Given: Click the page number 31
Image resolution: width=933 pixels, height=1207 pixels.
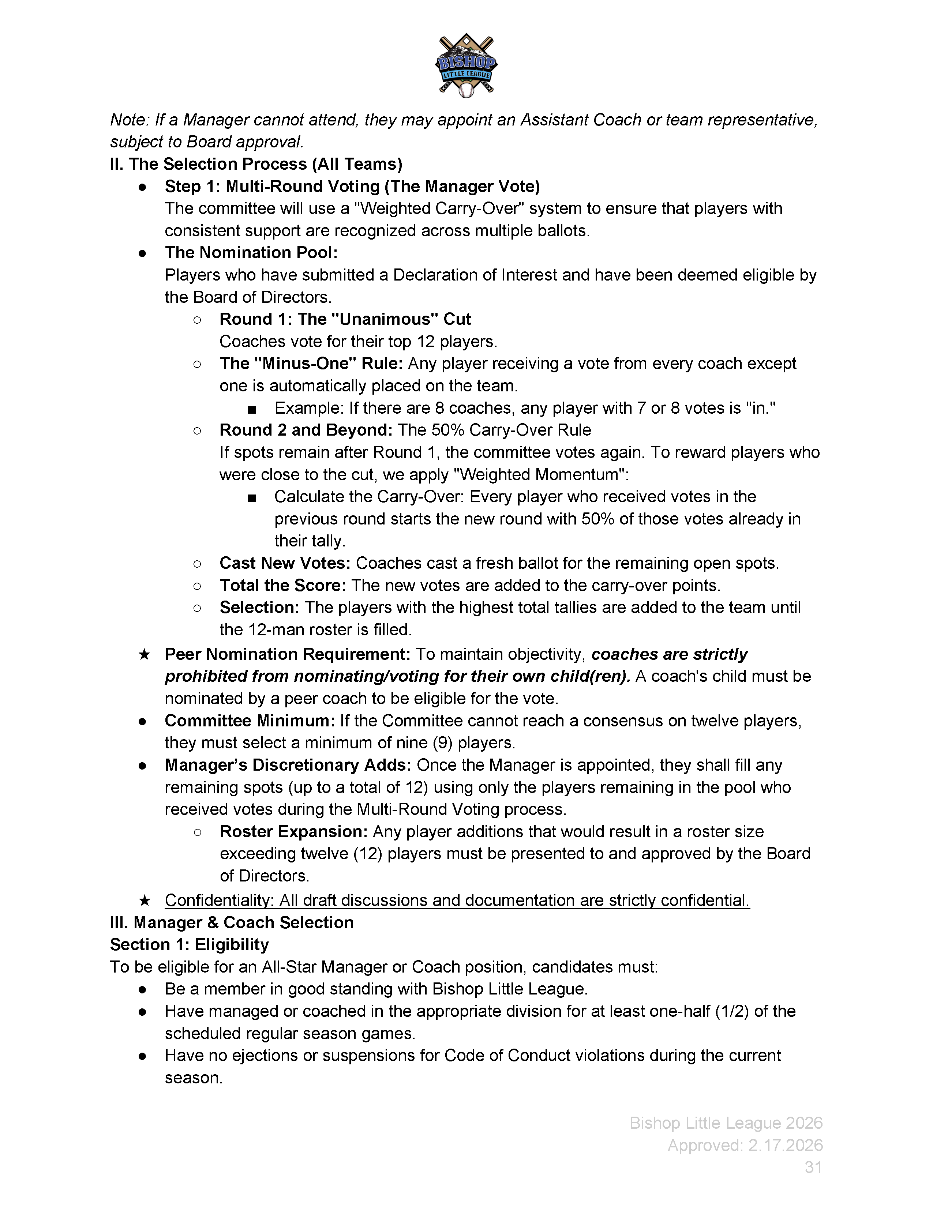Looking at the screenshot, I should point(813,1167).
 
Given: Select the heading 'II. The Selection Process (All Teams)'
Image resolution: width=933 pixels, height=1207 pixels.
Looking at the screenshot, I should point(256,164).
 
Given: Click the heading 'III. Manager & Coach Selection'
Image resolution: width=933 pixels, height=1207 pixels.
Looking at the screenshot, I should point(232,922).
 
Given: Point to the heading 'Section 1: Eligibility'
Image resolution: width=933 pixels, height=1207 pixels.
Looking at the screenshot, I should point(189,944).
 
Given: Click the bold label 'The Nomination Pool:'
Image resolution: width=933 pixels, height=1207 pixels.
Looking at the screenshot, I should point(251,253).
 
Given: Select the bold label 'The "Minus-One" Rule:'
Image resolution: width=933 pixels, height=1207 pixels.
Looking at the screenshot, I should point(311,364).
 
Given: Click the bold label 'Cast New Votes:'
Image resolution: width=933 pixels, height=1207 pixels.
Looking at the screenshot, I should point(285,563).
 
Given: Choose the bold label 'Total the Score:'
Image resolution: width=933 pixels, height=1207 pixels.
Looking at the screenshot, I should point(283,585).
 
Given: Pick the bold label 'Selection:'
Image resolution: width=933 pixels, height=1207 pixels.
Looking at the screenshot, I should point(259,608).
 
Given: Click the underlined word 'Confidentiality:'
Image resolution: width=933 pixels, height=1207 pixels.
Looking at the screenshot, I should point(220,900).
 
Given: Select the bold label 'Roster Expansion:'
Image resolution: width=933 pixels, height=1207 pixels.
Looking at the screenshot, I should point(293,832).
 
